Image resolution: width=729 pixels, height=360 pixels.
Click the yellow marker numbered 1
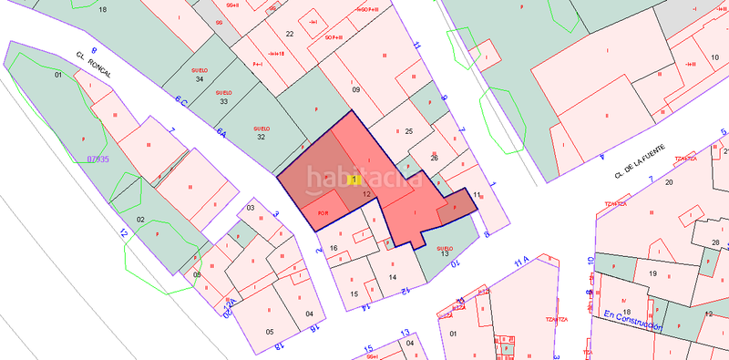[x=354, y=180]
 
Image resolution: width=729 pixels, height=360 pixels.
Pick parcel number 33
[x=223, y=101]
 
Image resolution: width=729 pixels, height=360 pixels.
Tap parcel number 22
[x=290, y=34]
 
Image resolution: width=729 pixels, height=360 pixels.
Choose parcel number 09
[x=356, y=89]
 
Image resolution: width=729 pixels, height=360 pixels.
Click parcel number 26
[x=435, y=158]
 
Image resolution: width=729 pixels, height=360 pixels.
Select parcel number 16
[x=334, y=248]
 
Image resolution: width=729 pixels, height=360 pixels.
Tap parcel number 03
[x=252, y=209]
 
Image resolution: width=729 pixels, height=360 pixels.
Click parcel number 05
[x=270, y=332]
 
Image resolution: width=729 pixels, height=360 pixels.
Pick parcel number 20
[x=669, y=182]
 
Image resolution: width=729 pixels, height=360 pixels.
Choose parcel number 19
[x=652, y=273]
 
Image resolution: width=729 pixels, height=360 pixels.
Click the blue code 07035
[x=98, y=159]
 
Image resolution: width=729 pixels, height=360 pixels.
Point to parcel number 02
[x=141, y=220]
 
